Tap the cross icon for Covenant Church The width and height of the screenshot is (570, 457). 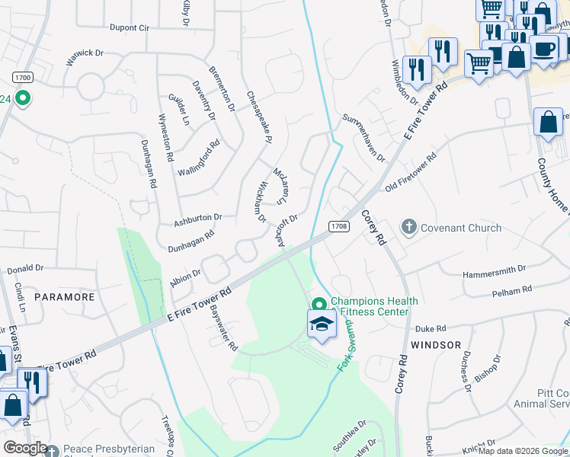pyautogui.click(x=409, y=227)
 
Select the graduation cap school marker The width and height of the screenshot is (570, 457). pyautogui.click(x=322, y=324)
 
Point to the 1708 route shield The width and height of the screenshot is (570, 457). pyautogui.click(x=339, y=226)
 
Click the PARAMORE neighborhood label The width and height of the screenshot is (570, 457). pyautogui.click(x=64, y=297)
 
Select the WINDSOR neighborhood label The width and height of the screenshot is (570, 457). pyautogui.click(x=436, y=345)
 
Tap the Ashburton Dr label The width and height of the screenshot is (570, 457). pyautogui.click(x=197, y=219)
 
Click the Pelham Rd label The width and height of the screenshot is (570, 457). pyautogui.click(x=512, y=291)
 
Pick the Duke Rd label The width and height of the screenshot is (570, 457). pyautogui.click(x=430, y=329)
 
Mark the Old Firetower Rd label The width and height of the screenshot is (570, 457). pyautogui.click(x=411, y=172)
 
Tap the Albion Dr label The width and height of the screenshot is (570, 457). pyautogui.click(x=185, y=278)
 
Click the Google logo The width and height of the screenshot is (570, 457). pyautogui.click(x=26, y=448)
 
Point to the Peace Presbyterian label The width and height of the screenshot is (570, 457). pyautogui.click(x=109, y=449)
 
